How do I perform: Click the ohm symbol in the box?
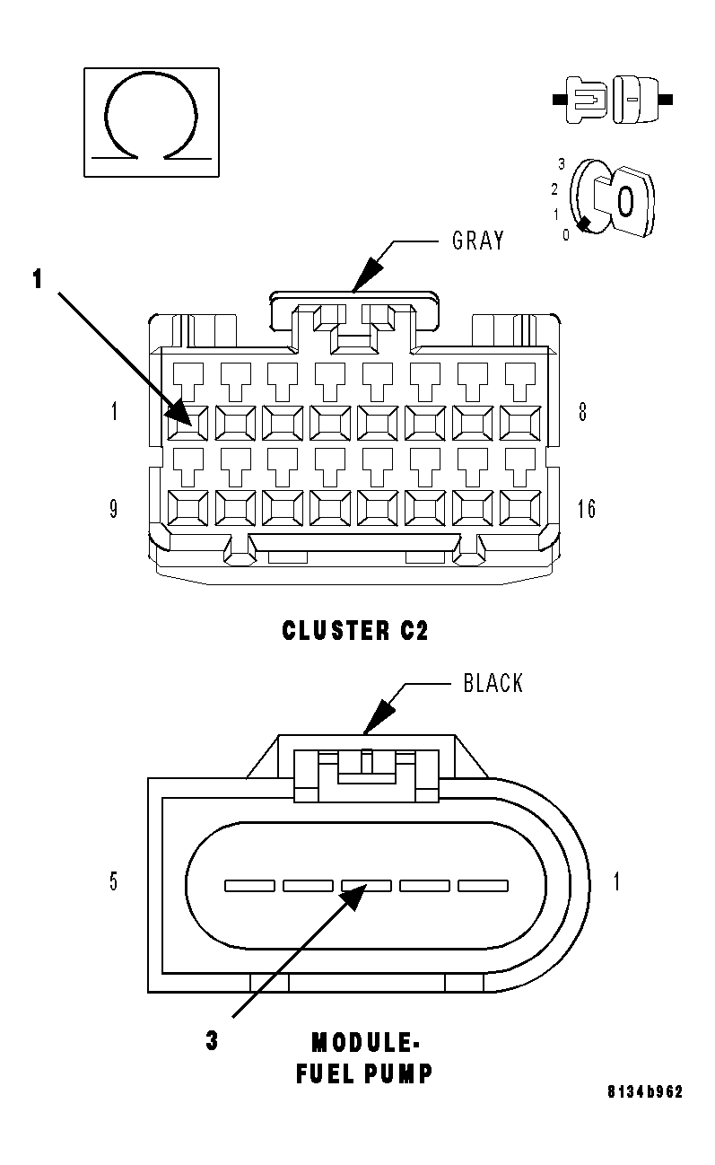click(x=151, y=120)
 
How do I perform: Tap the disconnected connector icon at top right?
click(x=614, y=100)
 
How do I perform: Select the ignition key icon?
click(x=615, y=198)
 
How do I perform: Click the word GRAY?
click(x=477, y=241)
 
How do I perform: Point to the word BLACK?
click(x=493, y=684)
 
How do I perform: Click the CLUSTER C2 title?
click(x=355, y=631)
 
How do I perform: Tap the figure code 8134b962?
click(x=645, y=1092)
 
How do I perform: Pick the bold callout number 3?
click(x=212, y=1042)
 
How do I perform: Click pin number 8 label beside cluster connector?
click(x=582, y=414)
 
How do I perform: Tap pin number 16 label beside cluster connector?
click(x=586, y=510)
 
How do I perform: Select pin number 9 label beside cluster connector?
click(x=114, y=510)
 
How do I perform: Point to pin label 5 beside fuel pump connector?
click(x=114, y=881)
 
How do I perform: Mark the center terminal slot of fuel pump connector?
click(x=366, y=886)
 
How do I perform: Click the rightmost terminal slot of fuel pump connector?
click(x=483, y=886)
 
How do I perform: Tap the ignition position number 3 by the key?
click(x=562, y=165)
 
